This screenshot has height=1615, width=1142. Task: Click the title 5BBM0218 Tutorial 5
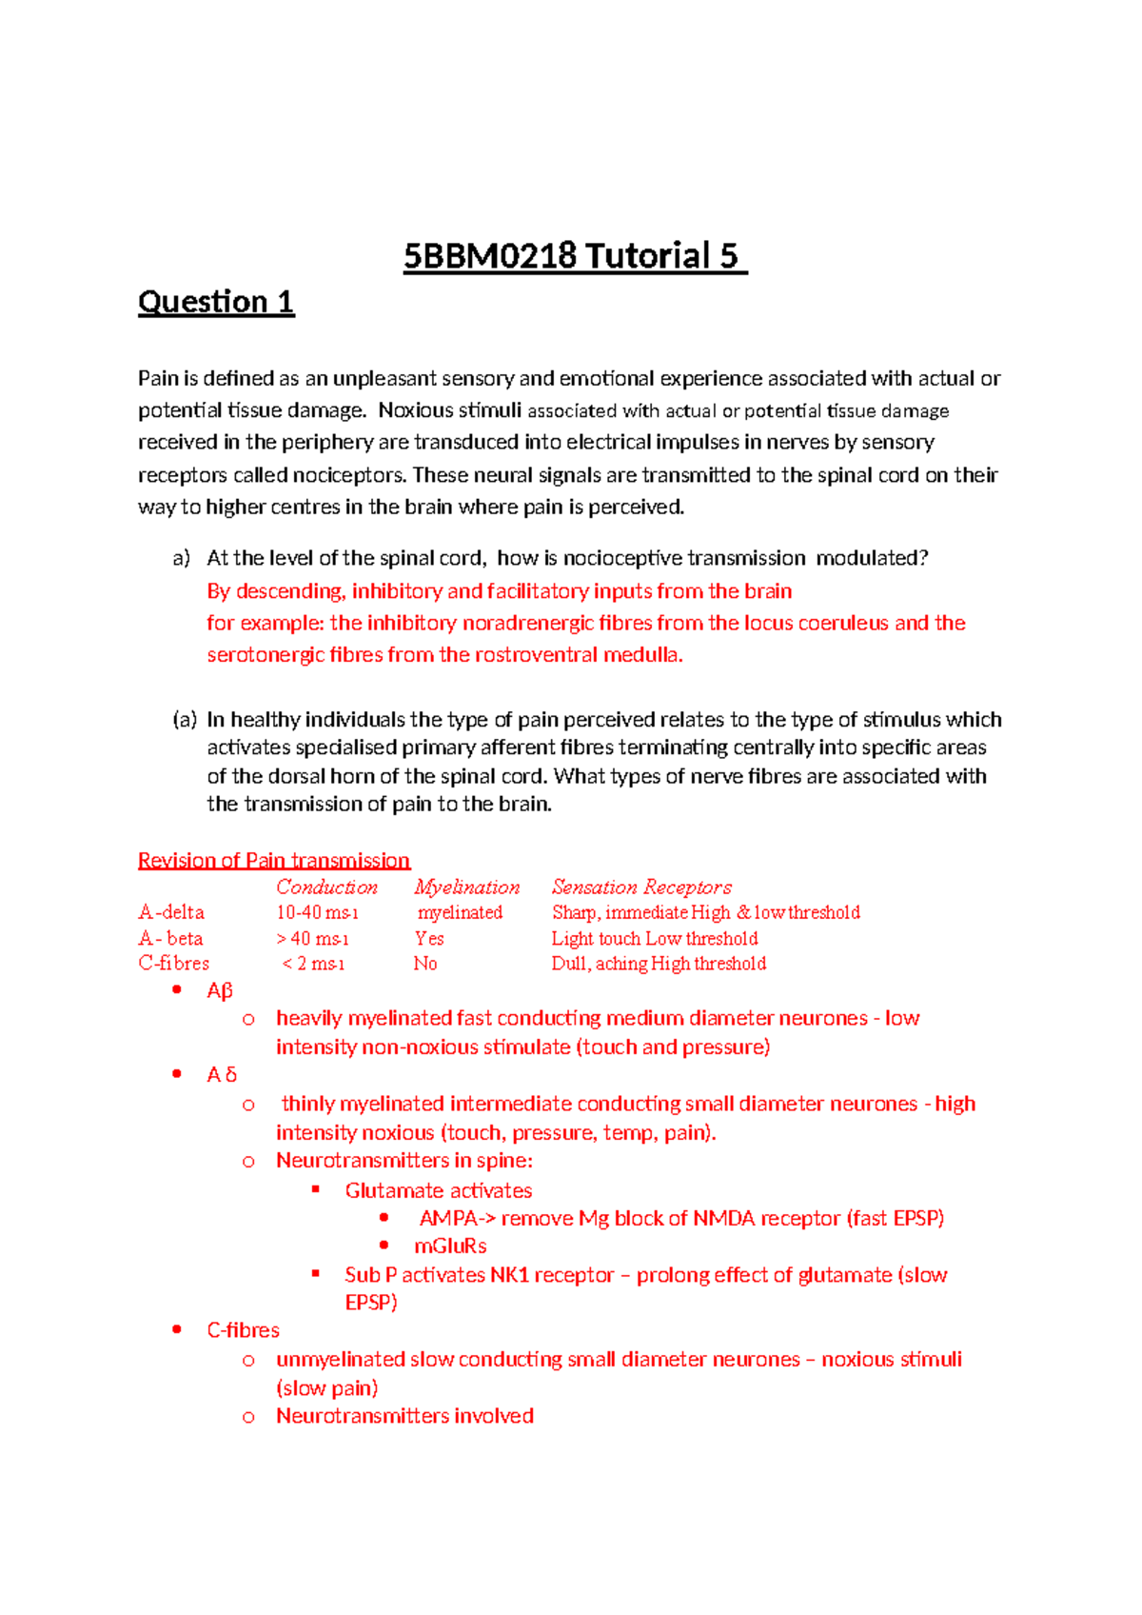[x=575, y=256]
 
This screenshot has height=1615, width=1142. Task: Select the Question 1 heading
[x=216, y=302]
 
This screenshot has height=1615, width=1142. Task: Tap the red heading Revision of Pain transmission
[x=274, y=861]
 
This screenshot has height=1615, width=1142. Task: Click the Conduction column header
[x=326, y=887]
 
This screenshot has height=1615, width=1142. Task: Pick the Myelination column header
[x=466, y=887]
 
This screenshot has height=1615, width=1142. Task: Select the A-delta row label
[x=171, y=912]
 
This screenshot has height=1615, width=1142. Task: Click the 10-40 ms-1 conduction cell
[x=317, y=912]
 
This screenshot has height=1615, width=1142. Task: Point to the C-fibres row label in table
[x=173, y=964]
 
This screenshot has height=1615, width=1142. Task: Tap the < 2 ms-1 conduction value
[x=313, y=964]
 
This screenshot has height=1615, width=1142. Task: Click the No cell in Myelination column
[x=424, y=964]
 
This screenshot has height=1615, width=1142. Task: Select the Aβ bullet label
[x=220, y=990]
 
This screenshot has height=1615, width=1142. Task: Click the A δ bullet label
[x=222, y=1075]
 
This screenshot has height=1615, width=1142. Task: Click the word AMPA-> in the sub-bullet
[x=457, y=1219]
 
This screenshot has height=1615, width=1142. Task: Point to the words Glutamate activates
[x=438, y=1191]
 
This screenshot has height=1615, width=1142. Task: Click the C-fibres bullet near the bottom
[x=243, y=1330]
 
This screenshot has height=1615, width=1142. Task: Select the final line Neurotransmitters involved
[x=404, y=1416]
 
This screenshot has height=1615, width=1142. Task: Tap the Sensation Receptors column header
[x=641, y=887]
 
